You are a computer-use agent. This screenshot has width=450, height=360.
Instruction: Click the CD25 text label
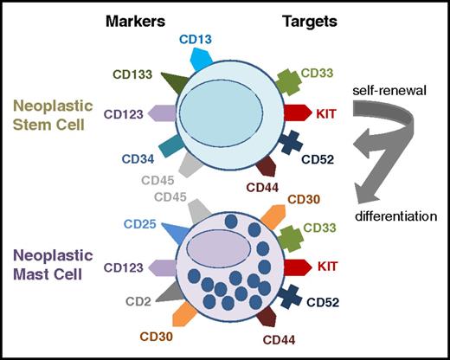point(139,225)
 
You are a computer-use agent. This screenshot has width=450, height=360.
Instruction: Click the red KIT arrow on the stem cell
point(297,112)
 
